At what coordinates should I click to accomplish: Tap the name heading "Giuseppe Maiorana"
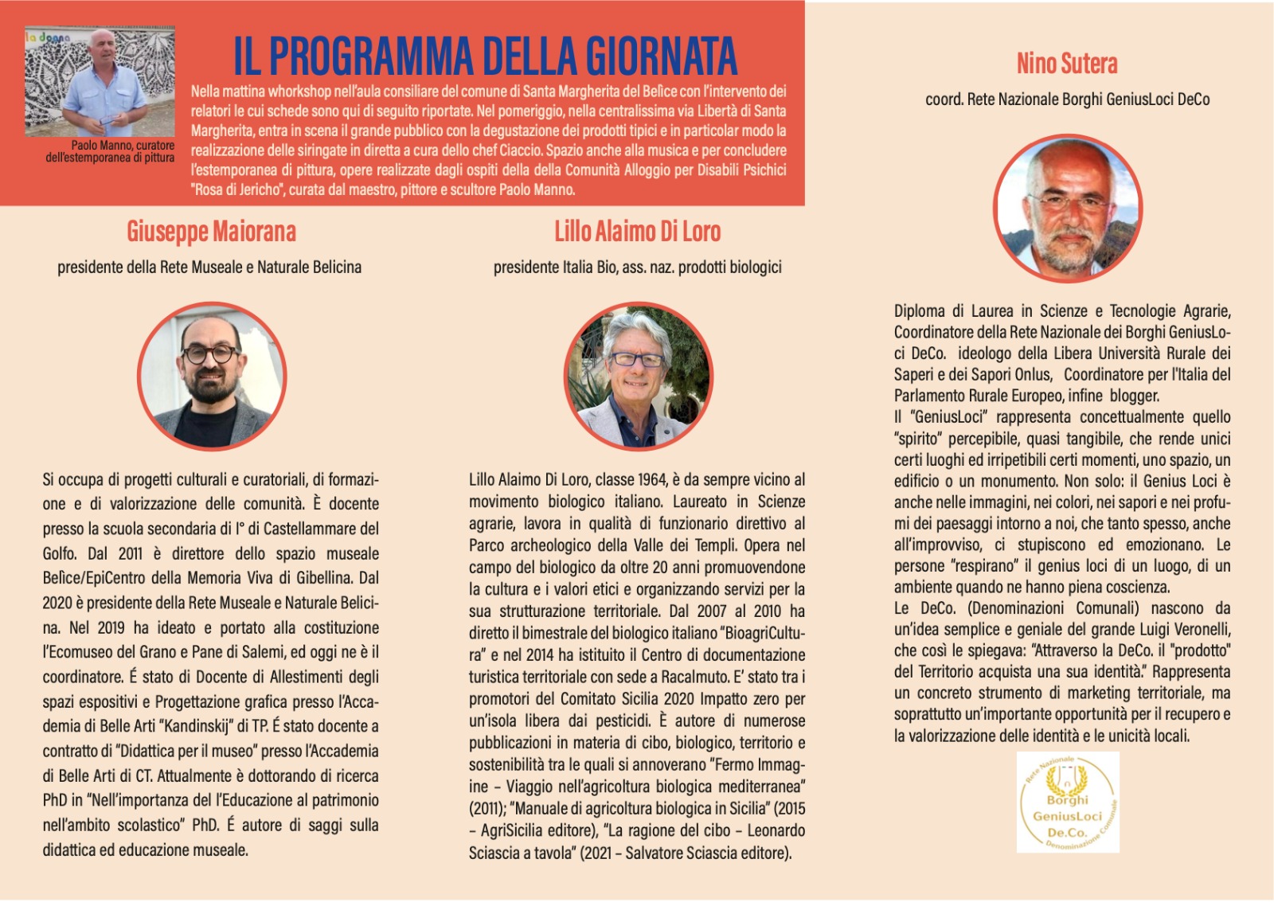click(x=211, y=232)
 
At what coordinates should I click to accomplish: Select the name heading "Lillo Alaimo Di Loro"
click(x=637, y=232)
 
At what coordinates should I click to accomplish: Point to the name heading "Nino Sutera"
click(x=1067, y=64)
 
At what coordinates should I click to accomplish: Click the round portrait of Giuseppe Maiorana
click(x=211, y=376)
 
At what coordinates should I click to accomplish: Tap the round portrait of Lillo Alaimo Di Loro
click(x=638, y=376)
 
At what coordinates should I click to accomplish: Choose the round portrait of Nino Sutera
click(x=1067, y=208)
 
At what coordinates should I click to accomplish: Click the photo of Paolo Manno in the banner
click(x=100, y=82)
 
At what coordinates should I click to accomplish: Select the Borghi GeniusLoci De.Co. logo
click(x=1068, y=802)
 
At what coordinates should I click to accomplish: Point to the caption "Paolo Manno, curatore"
click(x=123, y=146)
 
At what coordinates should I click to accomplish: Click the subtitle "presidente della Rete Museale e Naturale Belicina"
click(x=209, y=267)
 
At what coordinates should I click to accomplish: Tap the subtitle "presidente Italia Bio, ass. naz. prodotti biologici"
click(x=637, y=267)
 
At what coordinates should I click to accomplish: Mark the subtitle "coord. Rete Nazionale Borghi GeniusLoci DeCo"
click(x=1067, y=100)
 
